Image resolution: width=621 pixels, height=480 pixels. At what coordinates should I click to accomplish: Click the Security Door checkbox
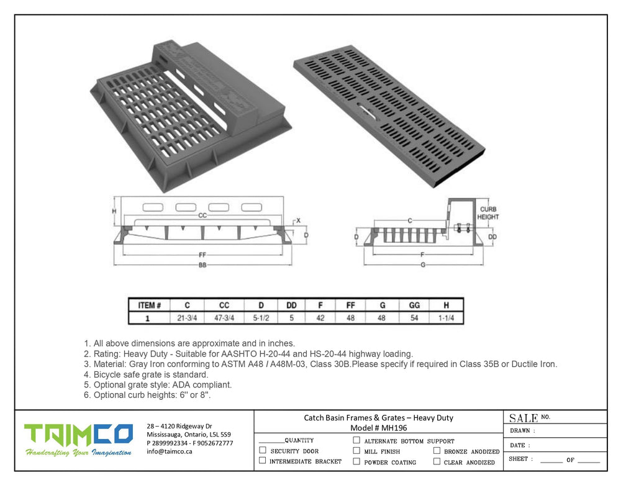[263, 450]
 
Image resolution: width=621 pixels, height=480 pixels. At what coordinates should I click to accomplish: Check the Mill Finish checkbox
[356, 451]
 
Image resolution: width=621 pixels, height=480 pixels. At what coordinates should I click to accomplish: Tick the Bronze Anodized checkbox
[437, 451]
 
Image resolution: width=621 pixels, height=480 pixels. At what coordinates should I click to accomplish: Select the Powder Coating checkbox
[356, 461]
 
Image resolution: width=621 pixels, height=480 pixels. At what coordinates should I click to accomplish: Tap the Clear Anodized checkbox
[437, 461]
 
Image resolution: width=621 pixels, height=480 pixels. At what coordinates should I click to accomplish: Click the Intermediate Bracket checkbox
[263, 461]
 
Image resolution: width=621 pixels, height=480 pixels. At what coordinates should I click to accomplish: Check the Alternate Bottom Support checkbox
[356, 440]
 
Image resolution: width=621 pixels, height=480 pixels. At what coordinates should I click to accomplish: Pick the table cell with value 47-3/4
[224, 318]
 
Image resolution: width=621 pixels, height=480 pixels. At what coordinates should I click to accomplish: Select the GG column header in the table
[415, 306]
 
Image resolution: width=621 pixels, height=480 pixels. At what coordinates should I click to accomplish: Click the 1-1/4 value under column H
[446, 318]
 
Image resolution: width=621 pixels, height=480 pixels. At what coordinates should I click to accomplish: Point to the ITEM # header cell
[149, 306]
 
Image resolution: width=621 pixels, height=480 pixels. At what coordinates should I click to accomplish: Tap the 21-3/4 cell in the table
[188, 318]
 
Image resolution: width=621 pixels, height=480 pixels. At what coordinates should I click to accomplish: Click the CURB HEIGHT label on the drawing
[488, 214]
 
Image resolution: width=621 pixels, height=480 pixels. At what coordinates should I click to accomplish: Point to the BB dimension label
[202, 265]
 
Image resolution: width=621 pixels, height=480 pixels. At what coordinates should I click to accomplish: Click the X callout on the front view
[298, 220]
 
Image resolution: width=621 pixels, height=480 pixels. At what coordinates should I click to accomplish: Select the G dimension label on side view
[423, 265]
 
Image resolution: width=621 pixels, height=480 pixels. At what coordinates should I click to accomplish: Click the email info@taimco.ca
[170, 451]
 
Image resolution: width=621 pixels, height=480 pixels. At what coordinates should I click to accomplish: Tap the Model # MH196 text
[378, 428]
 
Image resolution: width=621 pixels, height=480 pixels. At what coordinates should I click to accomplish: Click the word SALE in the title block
[523, 418]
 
